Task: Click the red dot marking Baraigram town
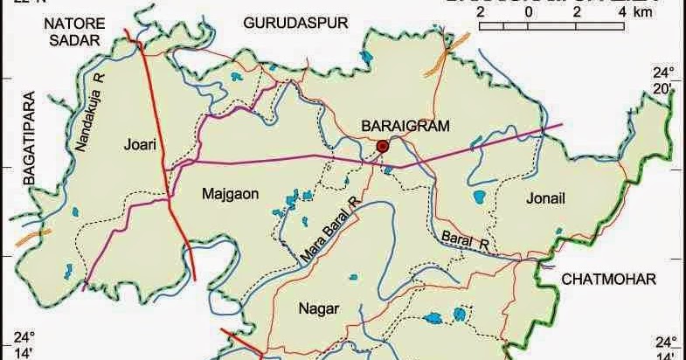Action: (x=383, y=146)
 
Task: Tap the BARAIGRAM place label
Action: (x=405, y=127)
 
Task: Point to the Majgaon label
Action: (x=230, y=194)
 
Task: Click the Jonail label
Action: (x=547, y=199)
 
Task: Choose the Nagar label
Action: (x=318, y=308)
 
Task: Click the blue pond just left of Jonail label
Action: (x=480, y=197)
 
